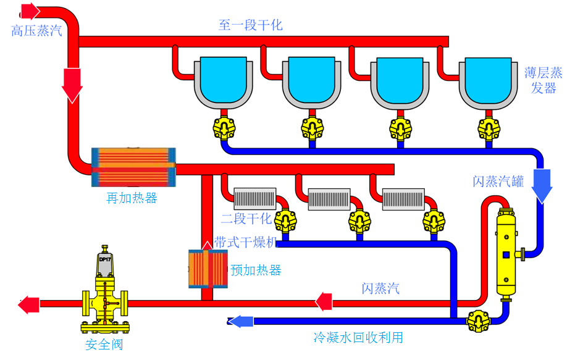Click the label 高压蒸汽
tap(36, 31)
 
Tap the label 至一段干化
tap(250, 25)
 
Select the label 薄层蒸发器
tap(544, 80)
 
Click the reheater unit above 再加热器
tap(133, 167)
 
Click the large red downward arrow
tap(72, 85)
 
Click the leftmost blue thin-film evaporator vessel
tap(223, 80)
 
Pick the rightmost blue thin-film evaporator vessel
tap(489, 80)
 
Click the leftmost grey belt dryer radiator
tap(255, 199)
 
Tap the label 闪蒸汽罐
tap(498, 182)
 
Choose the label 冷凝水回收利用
tap(358, 338)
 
